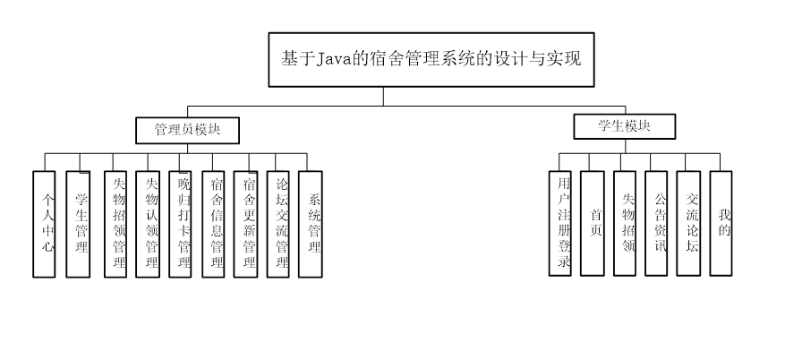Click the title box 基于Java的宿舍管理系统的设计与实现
[431, 60]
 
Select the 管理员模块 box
[188, 130]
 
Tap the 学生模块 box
[624, 126]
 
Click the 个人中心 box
[48, 223]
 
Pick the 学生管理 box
[80, 223]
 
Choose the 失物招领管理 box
[115, 223]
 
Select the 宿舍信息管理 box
[214, 223]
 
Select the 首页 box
[593, 222]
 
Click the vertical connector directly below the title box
[384, 96]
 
